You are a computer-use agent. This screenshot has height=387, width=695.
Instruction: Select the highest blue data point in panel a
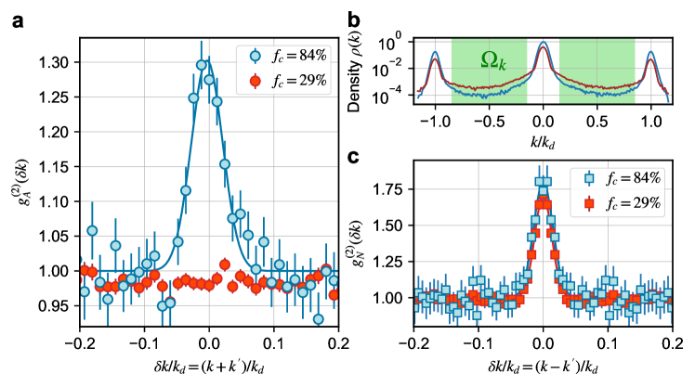(x=202, y=65)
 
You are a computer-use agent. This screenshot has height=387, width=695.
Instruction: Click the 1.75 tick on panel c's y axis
(x=397, y=189)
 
